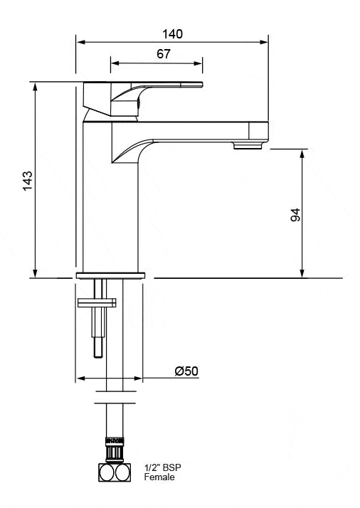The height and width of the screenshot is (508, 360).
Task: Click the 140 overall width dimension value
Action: [173, 33]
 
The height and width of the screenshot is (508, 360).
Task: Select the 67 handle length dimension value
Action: [163, 54]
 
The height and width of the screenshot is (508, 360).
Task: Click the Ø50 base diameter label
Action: [186, 371]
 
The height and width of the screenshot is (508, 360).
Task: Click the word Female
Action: [159, 478]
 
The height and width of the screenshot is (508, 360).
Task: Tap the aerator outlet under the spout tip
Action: [248, 146]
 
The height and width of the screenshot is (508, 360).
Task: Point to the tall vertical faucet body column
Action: [97, 199]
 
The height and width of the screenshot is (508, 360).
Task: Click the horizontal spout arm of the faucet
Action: [192, 130]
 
